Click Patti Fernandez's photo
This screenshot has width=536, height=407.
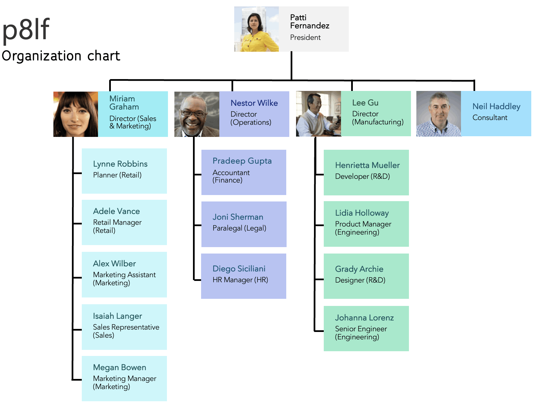pos(257,29)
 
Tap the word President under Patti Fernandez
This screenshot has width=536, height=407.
pos(305,38)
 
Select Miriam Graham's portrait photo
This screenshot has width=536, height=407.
pos(76,114)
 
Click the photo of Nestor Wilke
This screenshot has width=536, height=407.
pos(197,114)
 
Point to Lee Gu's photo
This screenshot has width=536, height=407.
pos(318,114)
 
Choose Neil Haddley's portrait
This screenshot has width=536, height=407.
pos(439,114)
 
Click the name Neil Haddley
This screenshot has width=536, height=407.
pos(496,106)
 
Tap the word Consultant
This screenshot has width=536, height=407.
pos(490,118)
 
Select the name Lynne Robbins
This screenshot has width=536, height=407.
pos(120,164)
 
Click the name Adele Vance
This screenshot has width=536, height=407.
pos(116,211)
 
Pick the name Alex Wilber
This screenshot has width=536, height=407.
pos(114,264)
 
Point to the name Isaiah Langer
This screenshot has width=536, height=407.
pos(117,316)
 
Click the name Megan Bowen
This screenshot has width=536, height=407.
pos(120,367)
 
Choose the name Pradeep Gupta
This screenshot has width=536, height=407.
pos(242,161)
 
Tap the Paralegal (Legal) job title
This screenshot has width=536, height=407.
pos(239,228)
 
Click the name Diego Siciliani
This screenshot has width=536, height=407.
pos(239,269)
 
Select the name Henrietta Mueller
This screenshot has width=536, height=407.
pos(367,165)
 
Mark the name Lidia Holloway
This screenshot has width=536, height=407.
pos(362,213)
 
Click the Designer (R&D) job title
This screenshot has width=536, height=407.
pos(360,280)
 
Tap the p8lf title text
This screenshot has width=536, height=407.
pos(26,30)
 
